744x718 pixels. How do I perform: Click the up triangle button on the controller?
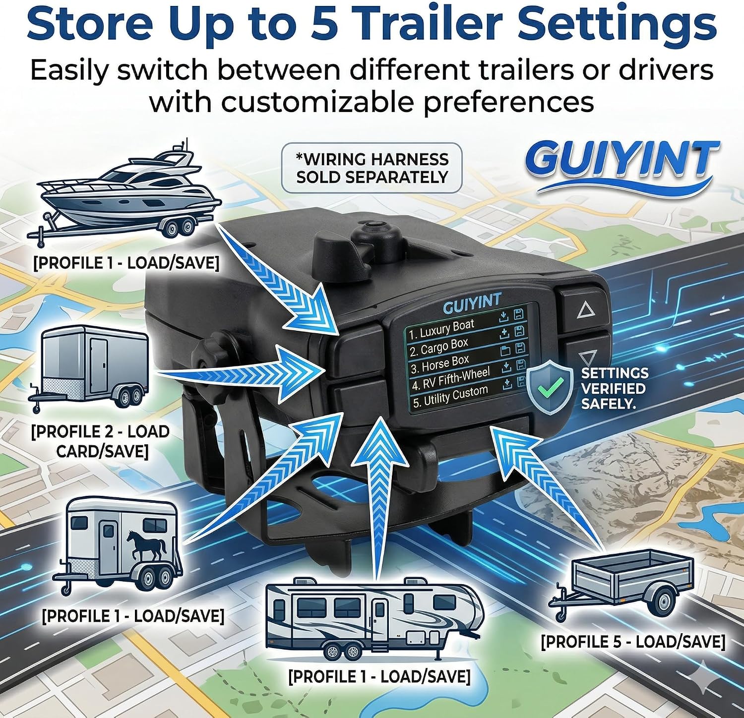(x=586, y=310)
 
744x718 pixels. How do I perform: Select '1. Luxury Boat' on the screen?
(x=441, y=329)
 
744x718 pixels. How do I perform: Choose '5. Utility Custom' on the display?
(x=450, y=396)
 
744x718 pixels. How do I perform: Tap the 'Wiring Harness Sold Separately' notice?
(x=372, y=168)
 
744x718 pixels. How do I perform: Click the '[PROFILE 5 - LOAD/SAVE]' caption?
(x=633, y=641)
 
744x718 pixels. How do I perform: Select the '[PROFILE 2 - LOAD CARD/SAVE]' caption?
(x=101, y=441)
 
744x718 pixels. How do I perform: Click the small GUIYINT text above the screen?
(x=472, y=303)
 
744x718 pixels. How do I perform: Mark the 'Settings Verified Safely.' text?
(x=615, y=388)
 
